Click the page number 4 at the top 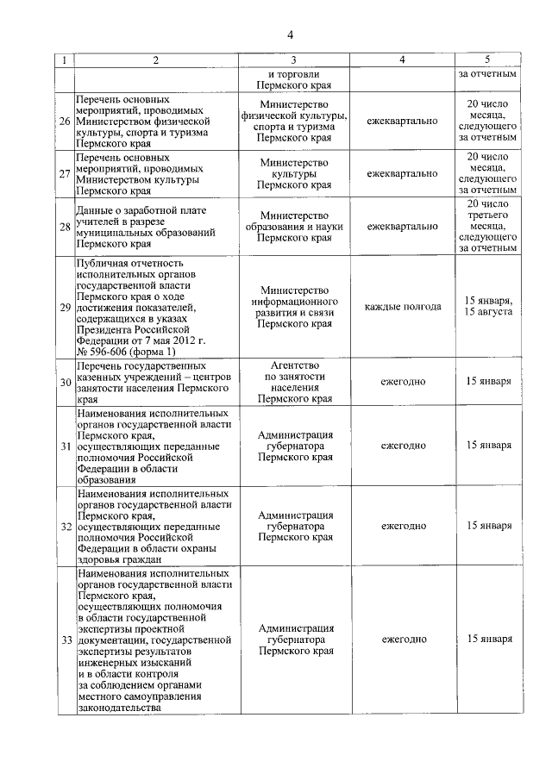click(291, 34)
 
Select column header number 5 click(488, 60)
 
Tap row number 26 click(65, 122)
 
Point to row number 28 click(65, 227)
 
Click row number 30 click(65, 382)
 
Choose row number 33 click(65, 640)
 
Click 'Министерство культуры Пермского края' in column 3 click(295, 173)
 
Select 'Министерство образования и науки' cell click(295, 227)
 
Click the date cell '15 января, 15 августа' click(488, 306)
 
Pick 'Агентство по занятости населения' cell click(295, 382)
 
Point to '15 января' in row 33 click(488, 640)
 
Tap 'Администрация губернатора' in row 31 click(295, 446)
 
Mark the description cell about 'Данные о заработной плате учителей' click(142, 227)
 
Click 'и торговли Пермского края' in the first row click(295, 80)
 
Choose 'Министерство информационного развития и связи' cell click(295, 307)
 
